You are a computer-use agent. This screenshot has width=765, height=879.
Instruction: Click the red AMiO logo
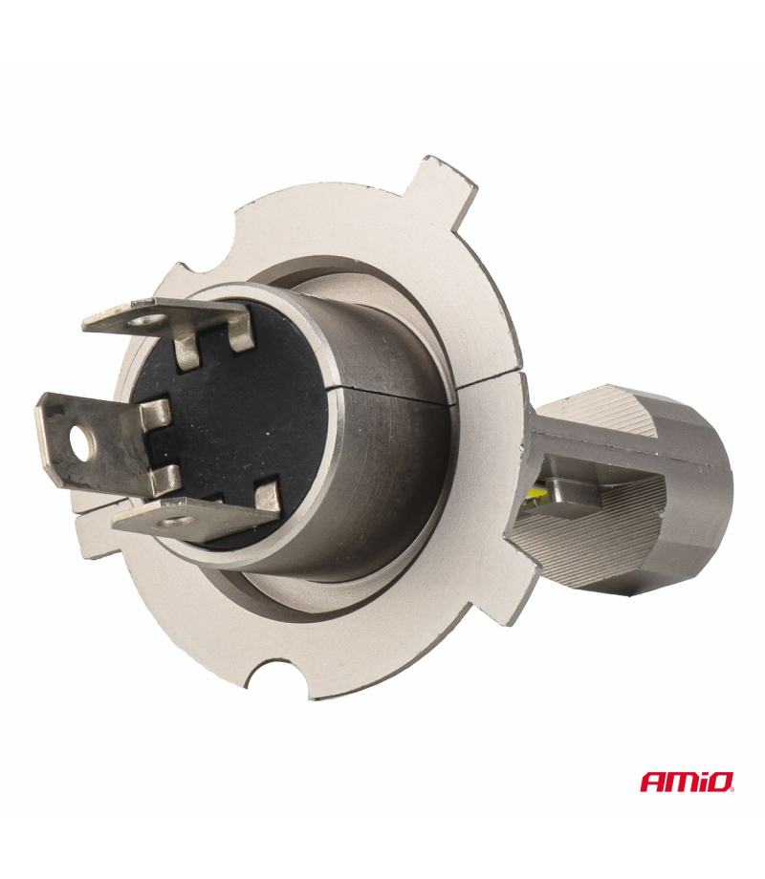coord(687,782)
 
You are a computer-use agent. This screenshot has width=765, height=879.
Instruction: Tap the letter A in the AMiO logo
coord(651,783)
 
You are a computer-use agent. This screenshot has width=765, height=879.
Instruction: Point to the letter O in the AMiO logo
coord(720,783)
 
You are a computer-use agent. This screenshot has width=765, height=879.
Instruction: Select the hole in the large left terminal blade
coord(82,444)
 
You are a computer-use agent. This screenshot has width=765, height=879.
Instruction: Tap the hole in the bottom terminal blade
coord(175,523)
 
